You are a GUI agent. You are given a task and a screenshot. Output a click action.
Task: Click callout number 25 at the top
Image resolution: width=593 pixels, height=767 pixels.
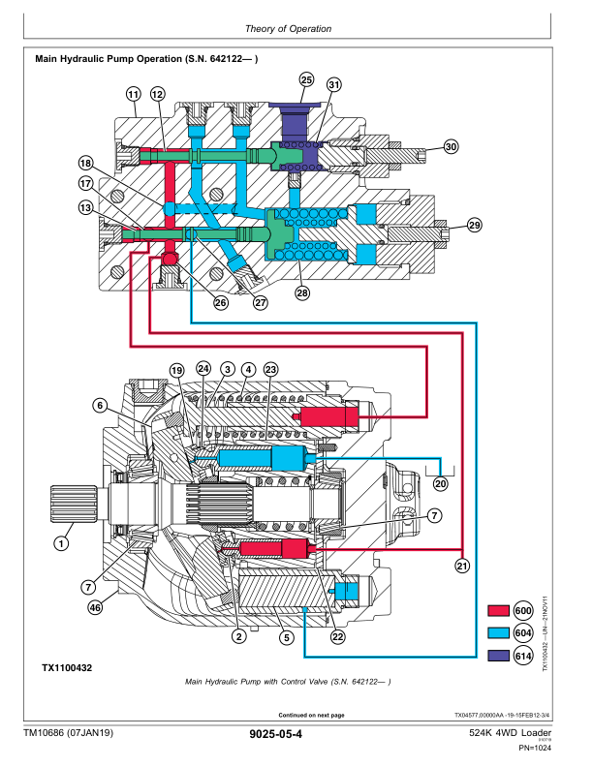pyautogui.click(x=306, y=79)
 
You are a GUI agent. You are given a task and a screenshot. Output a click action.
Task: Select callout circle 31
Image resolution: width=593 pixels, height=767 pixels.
pyautogui.click(x=334, y=84)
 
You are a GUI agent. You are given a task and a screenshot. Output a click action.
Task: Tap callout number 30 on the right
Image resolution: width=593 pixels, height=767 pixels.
pyautogui.click(x=451, y=146)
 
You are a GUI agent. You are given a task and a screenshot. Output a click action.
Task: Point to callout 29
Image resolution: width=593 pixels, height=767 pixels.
pyautogui.click(x=474, y=226)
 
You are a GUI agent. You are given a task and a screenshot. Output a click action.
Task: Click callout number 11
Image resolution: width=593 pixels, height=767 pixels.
pyautogui.click(x=133, y=93)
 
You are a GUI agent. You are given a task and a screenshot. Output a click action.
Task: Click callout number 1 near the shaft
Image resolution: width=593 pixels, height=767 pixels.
pyautogui.click(x=61, y=544)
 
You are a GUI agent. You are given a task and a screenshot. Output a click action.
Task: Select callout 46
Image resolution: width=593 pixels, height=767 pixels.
pyautogui.click(x=95, y=608)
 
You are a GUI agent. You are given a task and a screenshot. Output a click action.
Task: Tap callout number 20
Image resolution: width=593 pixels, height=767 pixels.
pyautogui.click(x=441, y=483)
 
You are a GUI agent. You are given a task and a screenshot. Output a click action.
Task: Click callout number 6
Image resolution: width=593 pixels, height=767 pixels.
pyautogui.click(x=99, y=405)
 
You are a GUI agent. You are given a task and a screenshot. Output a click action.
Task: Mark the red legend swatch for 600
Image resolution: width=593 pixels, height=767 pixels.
pyautogui.click(x=498, y=610)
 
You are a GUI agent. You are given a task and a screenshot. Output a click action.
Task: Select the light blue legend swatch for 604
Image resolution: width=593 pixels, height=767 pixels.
pyautogui.click(x=498, y=632)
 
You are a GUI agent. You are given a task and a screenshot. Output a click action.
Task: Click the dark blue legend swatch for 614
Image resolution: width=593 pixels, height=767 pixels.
pyautogui.click(x=498, y=656)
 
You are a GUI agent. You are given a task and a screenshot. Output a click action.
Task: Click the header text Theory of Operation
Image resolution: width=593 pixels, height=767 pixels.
pyautogui.click(x=289, y=29)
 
